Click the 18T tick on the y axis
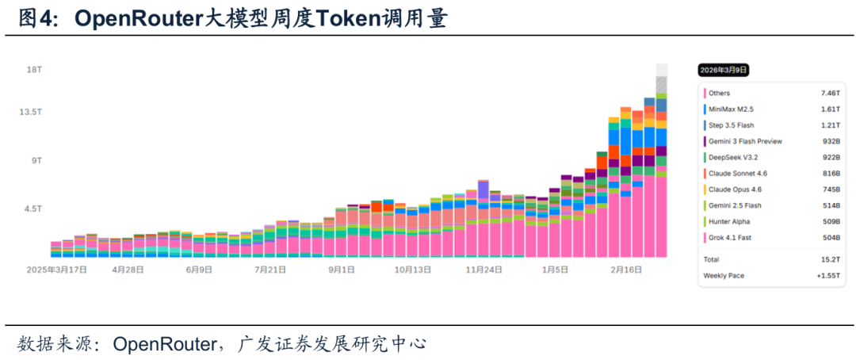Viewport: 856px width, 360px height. point(34,70)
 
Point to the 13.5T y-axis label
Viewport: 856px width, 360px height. point(31,112)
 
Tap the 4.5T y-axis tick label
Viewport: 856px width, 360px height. point(32,209)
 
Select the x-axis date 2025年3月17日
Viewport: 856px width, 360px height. point(56,270)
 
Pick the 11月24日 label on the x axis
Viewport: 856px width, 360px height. point(483,270)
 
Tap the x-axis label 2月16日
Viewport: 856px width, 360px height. point(625,270)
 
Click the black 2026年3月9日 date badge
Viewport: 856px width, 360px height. point(722,70)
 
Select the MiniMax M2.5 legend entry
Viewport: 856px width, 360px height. point(731,109)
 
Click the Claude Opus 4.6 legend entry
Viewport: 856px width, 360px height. point(735,190)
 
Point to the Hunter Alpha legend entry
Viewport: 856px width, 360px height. point(729,221)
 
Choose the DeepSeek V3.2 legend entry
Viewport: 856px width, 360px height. point(732,157)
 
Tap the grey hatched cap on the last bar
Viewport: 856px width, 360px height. point(661,84)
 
